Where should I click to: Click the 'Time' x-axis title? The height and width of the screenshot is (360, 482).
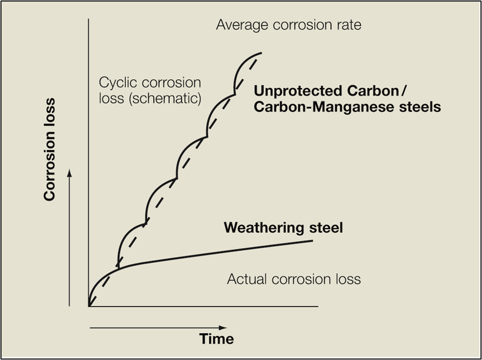217,339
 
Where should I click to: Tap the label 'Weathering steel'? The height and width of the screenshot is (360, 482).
283,228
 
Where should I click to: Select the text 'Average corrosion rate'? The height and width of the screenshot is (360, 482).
289,24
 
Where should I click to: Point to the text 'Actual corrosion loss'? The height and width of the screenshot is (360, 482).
294,279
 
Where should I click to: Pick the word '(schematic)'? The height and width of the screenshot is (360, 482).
172,98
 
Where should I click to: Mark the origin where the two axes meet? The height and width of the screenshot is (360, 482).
89,306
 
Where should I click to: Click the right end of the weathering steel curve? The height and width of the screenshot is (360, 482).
313,241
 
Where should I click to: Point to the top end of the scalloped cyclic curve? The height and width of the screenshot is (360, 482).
261,53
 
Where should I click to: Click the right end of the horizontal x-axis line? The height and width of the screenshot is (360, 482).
317,306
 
